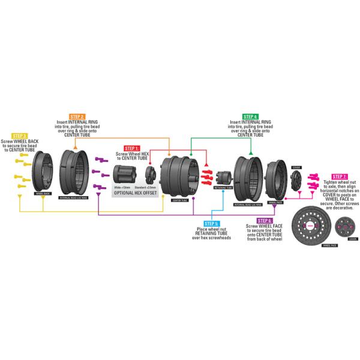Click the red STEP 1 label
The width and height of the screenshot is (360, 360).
coord(132,148)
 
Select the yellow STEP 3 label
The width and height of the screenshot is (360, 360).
coord(20,136)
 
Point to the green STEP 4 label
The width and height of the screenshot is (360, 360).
coord(250,116)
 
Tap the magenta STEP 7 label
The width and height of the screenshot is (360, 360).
coord(339,176)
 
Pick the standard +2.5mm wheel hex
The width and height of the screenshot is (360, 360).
coord(151,175)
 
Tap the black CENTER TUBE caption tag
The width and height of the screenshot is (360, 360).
coord(179,200)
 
